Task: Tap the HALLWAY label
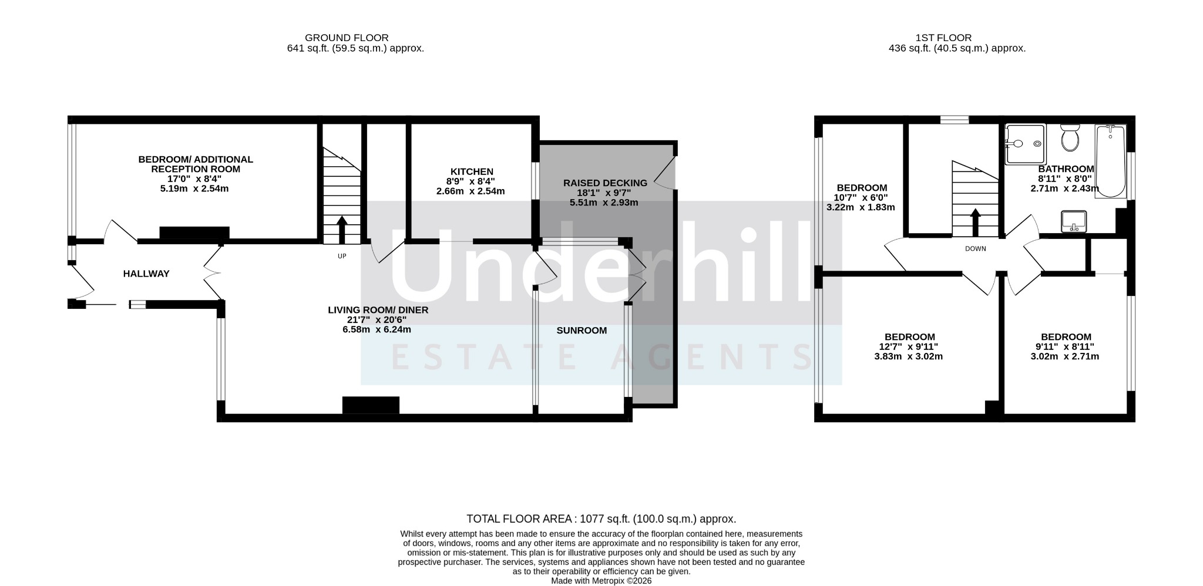146,274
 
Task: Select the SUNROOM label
582,331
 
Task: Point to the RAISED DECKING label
605,183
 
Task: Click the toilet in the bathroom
1069,137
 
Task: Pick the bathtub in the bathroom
1110,161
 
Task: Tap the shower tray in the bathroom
1026,144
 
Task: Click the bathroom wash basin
1074,221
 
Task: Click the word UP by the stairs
342,256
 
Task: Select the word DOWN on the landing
976,248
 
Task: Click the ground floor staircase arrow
341,230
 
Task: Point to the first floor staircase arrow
976,222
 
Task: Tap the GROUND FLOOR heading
347,38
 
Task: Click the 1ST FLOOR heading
943,38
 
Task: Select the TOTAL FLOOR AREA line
601,519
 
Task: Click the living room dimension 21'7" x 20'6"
376,320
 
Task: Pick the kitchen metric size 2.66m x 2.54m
471,191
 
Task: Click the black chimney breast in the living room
371,405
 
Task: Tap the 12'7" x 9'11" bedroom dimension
909,346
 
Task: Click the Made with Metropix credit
601,581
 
